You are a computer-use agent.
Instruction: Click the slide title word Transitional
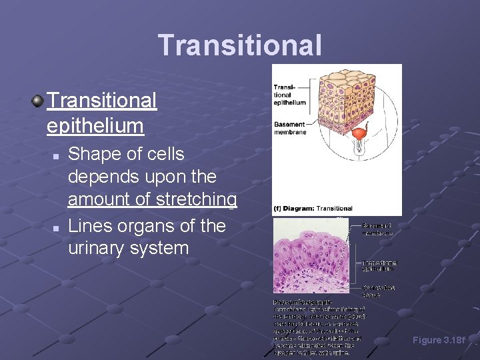click(x=240, y=45)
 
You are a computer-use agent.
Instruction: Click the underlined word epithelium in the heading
click(x=95, y=125)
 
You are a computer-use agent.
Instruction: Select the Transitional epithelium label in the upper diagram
click(x=289, y=95)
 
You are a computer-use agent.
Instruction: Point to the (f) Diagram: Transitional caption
click(x=313, y=209)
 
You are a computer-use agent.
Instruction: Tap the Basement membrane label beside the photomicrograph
click(x=378, y=229)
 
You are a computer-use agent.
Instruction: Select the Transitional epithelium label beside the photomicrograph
click(x=380, y=265)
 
